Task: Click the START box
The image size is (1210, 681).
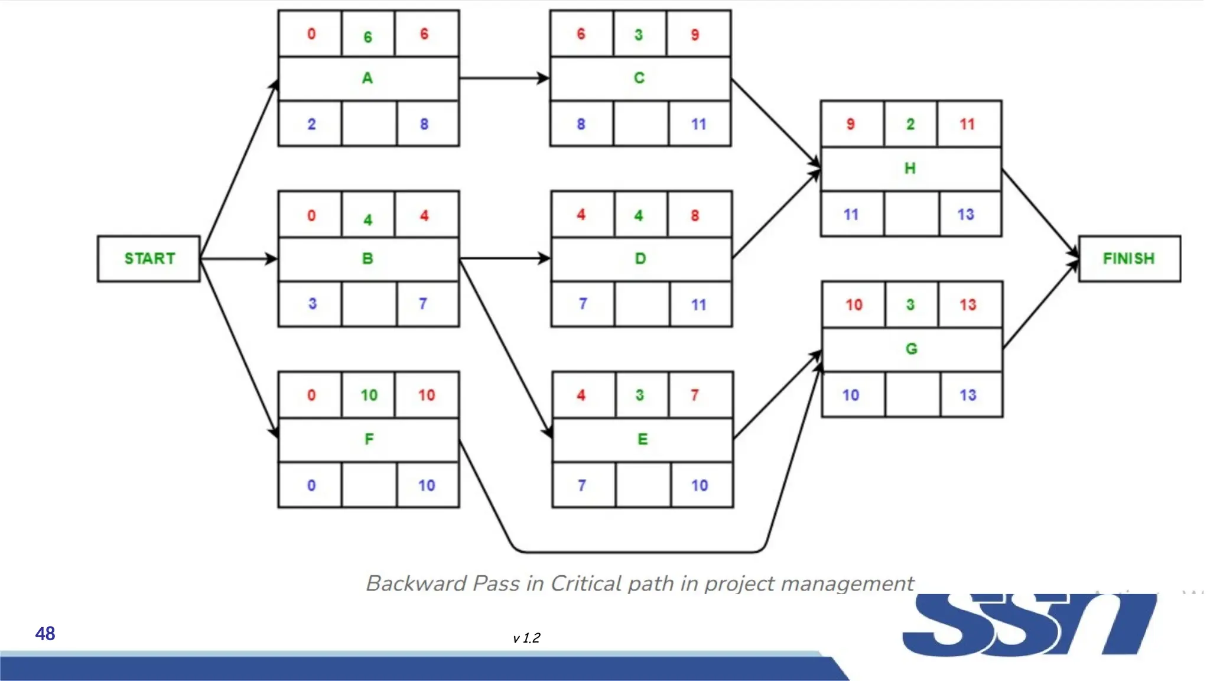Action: click(149, 258)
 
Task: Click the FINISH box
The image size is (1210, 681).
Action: click(1128, 258)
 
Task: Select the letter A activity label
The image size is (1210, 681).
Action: click(367, 78)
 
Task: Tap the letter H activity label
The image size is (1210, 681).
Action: click(910, 168)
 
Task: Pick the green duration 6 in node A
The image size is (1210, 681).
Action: click(367, 37)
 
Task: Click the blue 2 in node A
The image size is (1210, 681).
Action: click(311, 124)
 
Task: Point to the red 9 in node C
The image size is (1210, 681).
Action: click(695, 35)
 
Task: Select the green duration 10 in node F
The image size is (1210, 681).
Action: click(369, 395)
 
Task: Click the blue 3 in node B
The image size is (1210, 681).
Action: click(313, 304)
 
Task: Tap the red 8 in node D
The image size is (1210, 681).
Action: click(695, 216)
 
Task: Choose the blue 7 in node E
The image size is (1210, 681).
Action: click(582, 485)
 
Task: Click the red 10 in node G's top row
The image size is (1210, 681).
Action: click(854, 304)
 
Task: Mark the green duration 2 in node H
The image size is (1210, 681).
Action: click(910, 124)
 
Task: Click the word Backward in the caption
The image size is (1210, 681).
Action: click(416, 583)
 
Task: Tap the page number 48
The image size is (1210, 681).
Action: click(45, 634)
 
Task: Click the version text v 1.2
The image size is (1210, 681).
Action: click(526, 638)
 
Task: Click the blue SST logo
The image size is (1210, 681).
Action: click(1028, 625)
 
